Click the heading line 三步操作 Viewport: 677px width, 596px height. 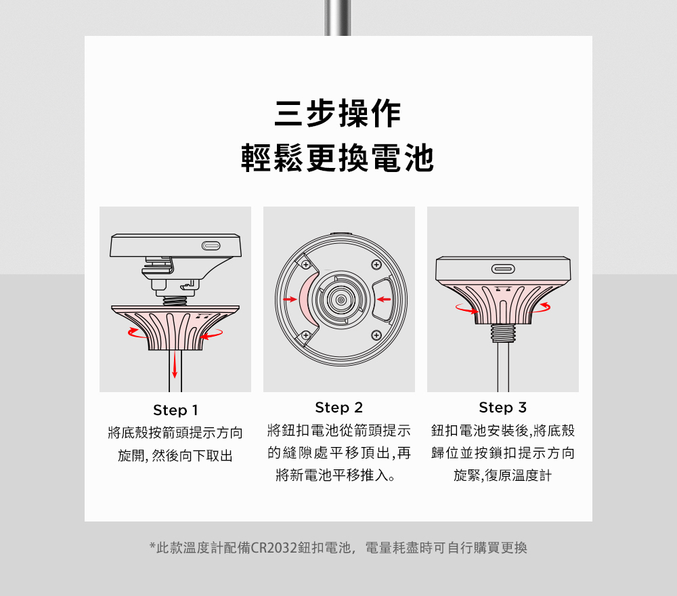(x=338, y=114)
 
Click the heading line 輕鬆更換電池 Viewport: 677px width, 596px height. (x=338, y=158)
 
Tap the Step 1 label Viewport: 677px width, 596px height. (x=175, y=410)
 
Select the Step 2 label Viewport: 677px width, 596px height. (x=339, y=407)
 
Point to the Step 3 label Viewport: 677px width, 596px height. (x=502, y=407)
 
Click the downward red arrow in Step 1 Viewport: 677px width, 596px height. (x=175, y=364)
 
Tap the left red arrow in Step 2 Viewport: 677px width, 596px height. (x=290, y=299)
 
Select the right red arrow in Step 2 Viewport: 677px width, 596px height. (x=384, y=299)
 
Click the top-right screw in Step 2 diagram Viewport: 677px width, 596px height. (x=376, y=265)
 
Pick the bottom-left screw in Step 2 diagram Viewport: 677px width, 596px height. (x=306, y=335)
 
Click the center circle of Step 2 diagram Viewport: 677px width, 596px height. (x=341, y=300)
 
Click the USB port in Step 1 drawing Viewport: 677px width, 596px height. (x=211, y=246)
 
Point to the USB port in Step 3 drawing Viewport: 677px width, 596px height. (x=503, y=269)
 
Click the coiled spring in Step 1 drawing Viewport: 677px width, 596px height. (x=175, y=301)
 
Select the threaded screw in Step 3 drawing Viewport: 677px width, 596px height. (x=503, y=333)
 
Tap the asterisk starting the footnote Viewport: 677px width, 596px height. (x=152, y=546)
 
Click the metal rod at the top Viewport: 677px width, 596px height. (x=338, y=18)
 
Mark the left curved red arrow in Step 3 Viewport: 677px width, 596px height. (x=466, y=310)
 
